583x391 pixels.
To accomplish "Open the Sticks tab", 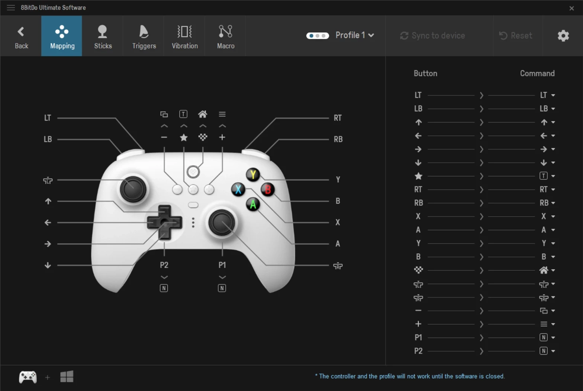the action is pyautogui.click(x=103, y=36).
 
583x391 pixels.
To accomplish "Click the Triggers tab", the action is pyautogui.click(x=144, y=36).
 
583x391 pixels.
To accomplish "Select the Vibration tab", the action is pyautogui.click(x=184, y=36).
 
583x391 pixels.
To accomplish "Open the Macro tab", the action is pyautogui.click(x=225, y=36).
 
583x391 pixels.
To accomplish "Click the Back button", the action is pyautogui.click(x=21, y=36).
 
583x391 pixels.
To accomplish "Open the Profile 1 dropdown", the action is pyautogui.click(x=355, y=35).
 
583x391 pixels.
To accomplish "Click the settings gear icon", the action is pyautogui.click(x=563, y=36).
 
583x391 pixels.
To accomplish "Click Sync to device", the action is pyautogui.click(x=432, y=36).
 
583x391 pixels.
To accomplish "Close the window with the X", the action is pyautogui.click(x=571, y=8).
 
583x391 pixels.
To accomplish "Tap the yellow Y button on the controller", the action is pyautogui.click(x=253, y=175).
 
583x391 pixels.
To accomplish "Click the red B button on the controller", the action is pyautogui.click(x=268, y=189).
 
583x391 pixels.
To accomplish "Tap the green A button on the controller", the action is pyautogui.click(x=253, y=204).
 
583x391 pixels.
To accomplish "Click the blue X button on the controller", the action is pyautogui.click(x=238, y=189).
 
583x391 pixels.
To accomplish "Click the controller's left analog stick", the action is pyautogui.click(x=133, y=189).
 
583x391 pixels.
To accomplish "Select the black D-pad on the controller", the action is pyautogui.click(x=164, y=222).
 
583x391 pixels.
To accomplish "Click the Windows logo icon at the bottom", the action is pyautogui.click(x=67, y=377).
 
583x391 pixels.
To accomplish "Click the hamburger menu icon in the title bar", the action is pyautogui.click(x=11, y=8).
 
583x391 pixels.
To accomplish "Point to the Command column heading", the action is pyautogui.click(x=537, y=74).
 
